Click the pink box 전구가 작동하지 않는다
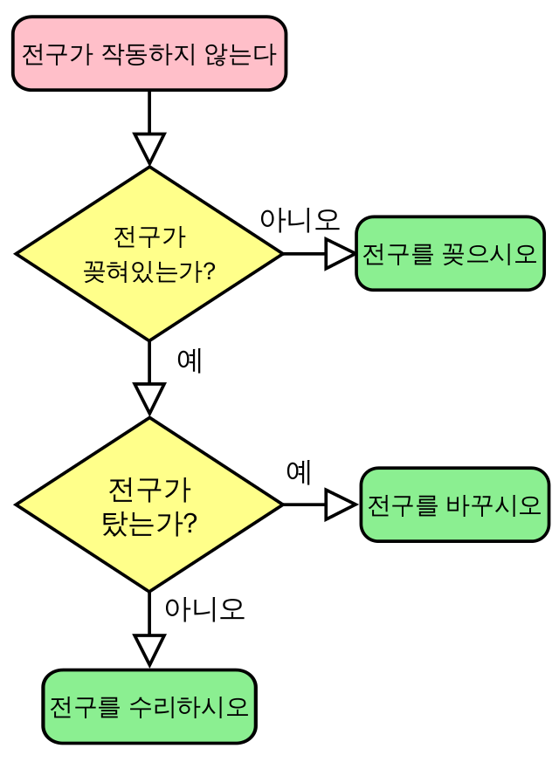149,53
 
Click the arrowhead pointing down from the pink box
149,147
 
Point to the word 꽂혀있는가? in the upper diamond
149,271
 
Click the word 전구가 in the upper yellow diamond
149,237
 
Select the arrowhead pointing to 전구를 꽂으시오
338,254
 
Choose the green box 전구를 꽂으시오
450,254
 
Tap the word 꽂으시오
489,254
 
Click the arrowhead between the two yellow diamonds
149,397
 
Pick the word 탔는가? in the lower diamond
149,523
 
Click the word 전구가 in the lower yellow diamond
149,488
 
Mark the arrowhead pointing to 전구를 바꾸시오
338,505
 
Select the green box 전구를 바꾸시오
454,505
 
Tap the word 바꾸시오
493,505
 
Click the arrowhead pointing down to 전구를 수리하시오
149,649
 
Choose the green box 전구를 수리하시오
149,706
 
